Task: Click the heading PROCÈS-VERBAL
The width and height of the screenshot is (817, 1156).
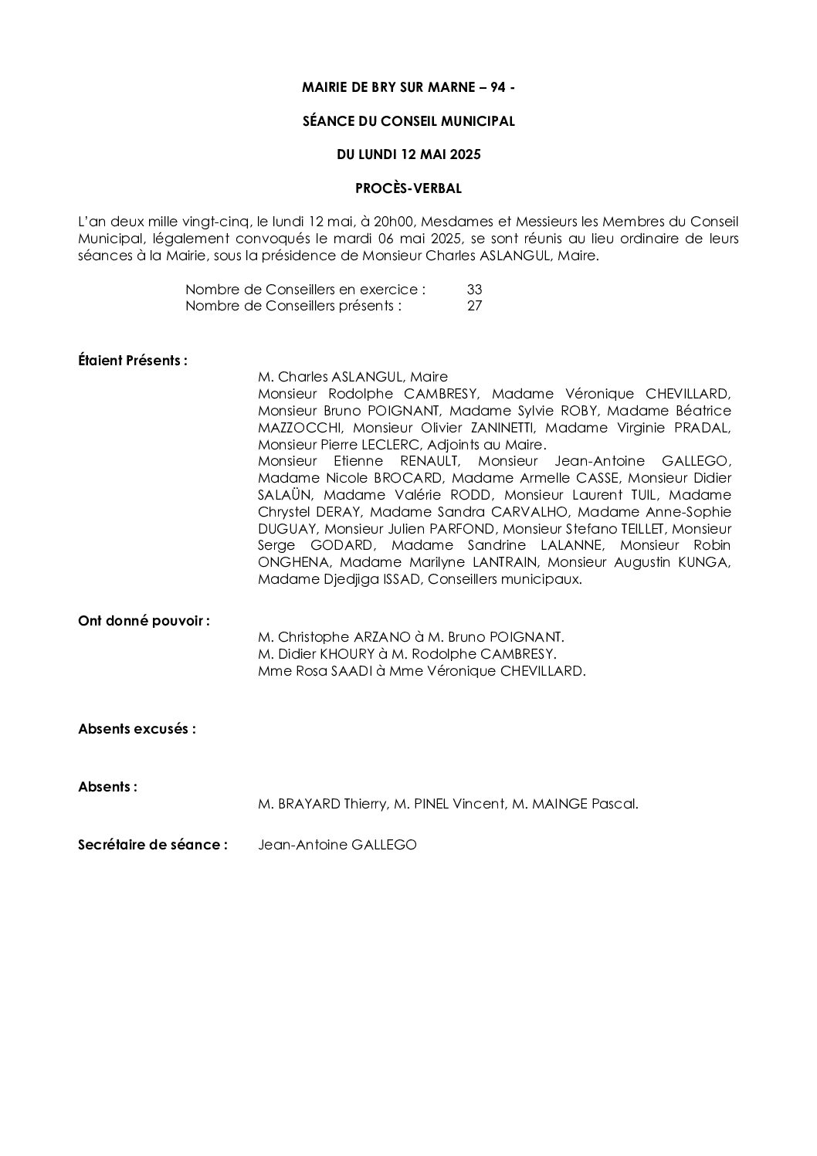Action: (408, 188)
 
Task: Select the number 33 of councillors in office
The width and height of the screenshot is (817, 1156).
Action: (474, 290)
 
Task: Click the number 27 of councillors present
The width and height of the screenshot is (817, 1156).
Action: (474, 306)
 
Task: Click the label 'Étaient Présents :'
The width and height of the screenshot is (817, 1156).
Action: (133, 361)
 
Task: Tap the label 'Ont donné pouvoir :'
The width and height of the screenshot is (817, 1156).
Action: (144, 621)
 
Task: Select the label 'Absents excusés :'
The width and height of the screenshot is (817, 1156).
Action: (137, 729)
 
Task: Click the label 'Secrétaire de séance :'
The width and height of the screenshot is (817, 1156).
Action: (153, 845)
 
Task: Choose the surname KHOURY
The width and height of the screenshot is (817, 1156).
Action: (349, 655)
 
